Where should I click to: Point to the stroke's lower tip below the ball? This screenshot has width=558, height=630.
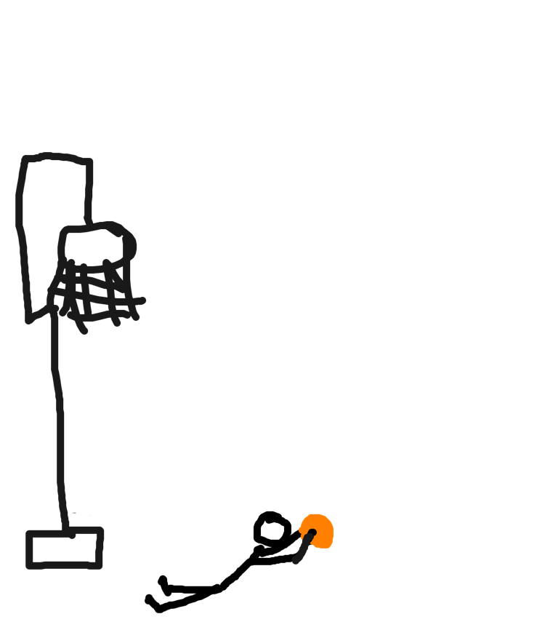point(296,560)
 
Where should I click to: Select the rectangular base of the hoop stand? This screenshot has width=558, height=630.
point(65,549)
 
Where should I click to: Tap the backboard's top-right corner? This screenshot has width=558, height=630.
point(90,162)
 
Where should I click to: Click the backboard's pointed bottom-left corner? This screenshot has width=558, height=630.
point(29,320)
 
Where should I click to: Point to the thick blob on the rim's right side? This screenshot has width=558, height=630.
point(129,245)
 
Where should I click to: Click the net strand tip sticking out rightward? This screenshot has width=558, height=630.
point(142,300)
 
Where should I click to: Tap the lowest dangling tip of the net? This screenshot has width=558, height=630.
point(84,331)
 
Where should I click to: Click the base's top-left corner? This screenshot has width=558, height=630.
point(30,534)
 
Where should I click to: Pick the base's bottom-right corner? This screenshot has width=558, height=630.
point(99,565)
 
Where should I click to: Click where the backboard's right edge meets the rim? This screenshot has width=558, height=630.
point(89,222)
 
